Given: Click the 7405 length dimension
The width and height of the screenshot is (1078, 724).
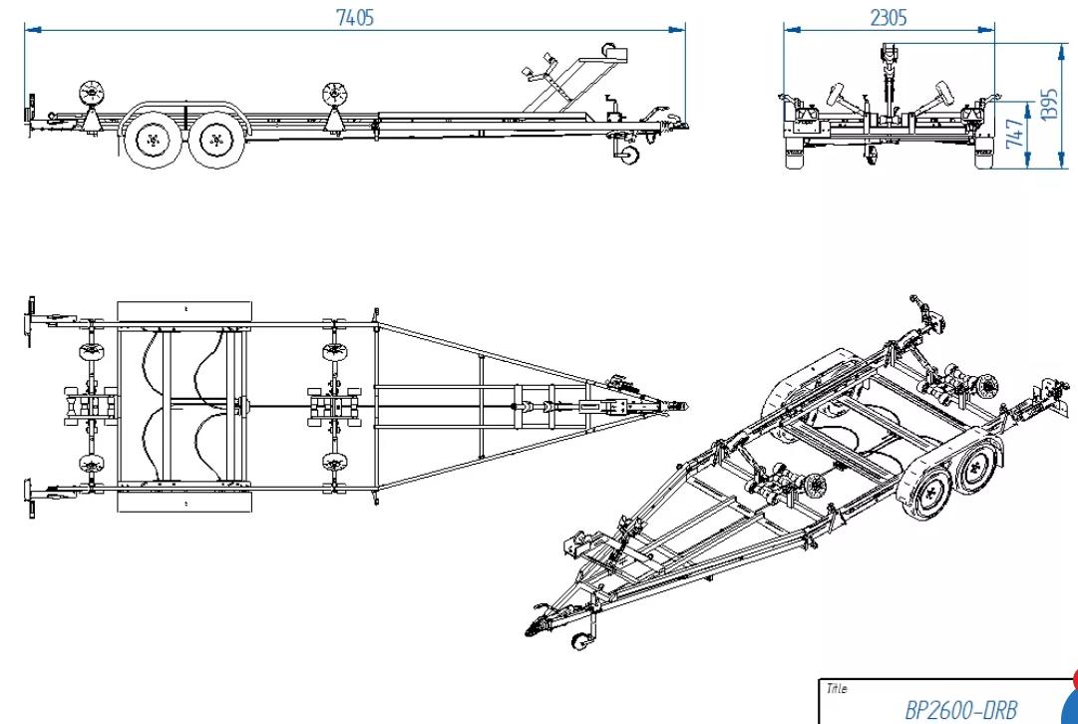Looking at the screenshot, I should [355, 18].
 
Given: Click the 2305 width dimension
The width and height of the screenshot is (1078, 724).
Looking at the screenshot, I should [889, 18].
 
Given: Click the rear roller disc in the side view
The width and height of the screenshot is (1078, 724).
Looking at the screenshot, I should [92, 96].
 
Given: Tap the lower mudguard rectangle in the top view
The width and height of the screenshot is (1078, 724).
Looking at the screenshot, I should [185, 500].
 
